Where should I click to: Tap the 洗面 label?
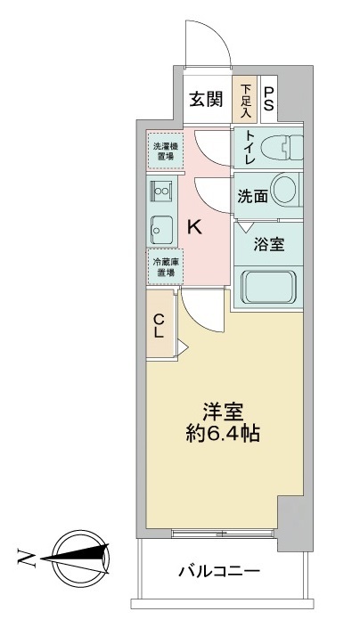[x=252, y=197]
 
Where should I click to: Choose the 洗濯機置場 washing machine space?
[x=165, y=149]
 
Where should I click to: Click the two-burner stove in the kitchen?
[x=163, y=189]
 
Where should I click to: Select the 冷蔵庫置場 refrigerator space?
[x=165, y=267]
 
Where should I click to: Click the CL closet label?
[x=158, y=327]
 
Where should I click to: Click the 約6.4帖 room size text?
[x=224, y=436]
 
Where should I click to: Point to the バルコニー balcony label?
[x=218, y=570]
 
